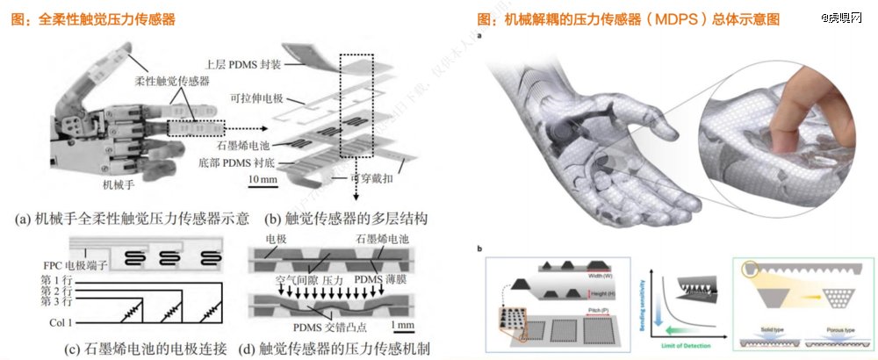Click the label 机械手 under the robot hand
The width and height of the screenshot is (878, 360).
pyautogui.click(x=120, y=185)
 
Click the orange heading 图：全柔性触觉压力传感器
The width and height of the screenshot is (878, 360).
pyautogui.click(x=104, y=18)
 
